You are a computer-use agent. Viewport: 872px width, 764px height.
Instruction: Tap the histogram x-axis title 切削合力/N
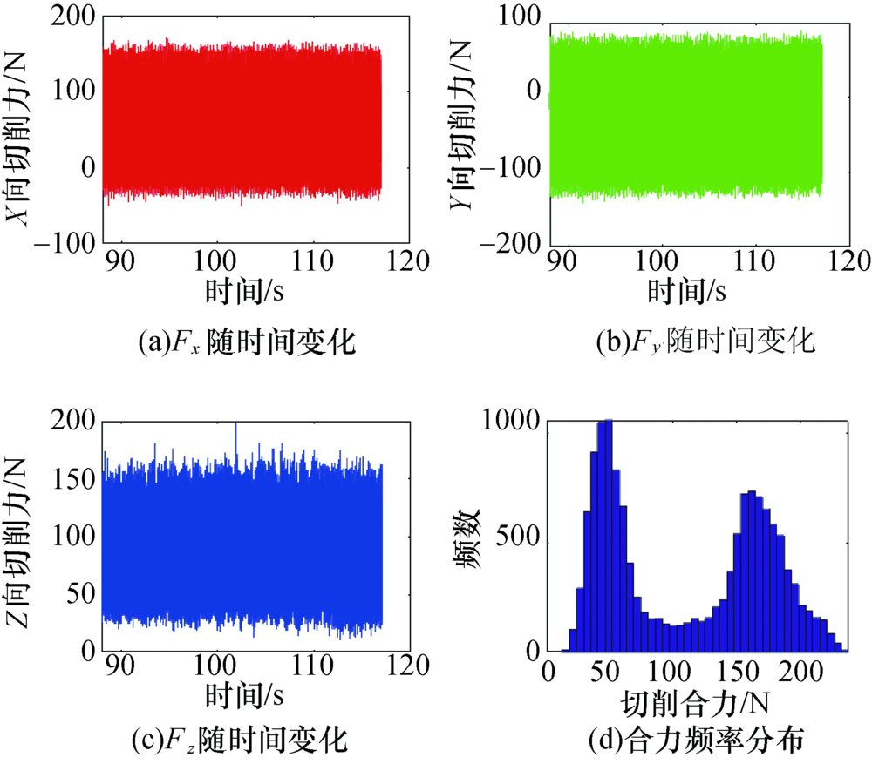pos(695,702)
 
